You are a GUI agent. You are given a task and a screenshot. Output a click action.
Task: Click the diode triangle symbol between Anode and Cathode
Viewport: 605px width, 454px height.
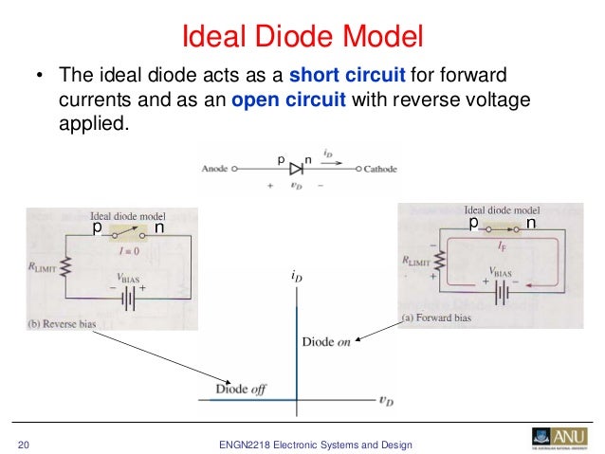(x=296, y=169)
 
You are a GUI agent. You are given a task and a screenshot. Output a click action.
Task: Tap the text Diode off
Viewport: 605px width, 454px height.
(x=238, y=388)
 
